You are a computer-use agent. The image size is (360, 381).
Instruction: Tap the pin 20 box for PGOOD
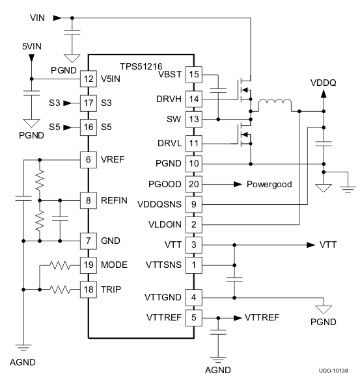click(x=193, y=184)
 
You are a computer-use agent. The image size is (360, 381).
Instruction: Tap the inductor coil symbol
click(x=275, y=104)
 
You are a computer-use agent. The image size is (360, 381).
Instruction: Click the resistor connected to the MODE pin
click(x=59, y=265)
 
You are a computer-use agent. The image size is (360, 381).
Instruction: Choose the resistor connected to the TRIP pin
click(x=59, y=288)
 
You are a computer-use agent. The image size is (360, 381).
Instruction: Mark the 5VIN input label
click(x=33, y=47)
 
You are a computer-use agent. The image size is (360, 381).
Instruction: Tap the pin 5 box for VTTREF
click(x=193, y=318)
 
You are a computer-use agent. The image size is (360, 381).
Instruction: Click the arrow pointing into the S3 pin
click(x=70, y=102)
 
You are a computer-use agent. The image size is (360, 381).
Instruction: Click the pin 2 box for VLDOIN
click(x=193, y=224)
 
